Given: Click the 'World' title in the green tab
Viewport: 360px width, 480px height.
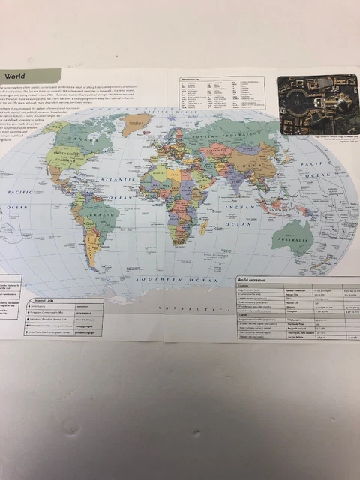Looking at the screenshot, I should (x=16, y=76).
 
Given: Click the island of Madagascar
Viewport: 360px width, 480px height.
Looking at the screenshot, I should (x=203, y=228).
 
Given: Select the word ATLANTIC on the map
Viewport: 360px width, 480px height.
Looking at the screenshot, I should (x=115, y=180).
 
